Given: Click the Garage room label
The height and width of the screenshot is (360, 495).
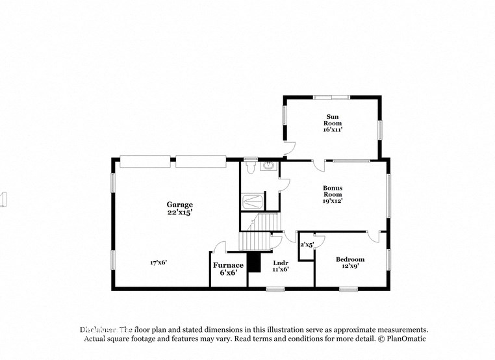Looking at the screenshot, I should click(x=179, y=205).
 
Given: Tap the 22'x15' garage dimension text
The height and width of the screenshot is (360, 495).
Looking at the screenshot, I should click(x=179, y=212).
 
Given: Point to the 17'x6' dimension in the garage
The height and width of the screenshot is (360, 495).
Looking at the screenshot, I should click(x=159, y=263).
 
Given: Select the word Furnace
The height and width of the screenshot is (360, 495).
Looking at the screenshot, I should click(x=228, y=265).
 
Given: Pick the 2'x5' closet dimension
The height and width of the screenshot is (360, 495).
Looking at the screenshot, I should click(x=307, y=245).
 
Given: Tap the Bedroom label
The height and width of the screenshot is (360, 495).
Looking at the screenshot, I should click(x=349, y=259).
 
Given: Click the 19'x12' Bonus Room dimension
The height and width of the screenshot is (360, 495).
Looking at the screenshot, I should click(x=333, y=201).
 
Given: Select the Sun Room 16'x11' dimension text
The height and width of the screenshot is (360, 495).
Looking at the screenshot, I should click(x=333, y=129).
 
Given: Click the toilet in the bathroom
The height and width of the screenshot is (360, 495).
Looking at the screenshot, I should click(x=251, y=166).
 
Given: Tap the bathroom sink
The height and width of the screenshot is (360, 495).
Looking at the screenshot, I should click(x=268, y=166).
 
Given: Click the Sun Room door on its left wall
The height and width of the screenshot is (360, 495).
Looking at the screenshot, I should click(x=290, y=147).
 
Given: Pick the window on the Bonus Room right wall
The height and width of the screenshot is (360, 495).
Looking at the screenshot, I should click(x=388, y=195).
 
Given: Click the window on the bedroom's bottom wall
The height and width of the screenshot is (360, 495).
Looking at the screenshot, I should click(x=348, y=289).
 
